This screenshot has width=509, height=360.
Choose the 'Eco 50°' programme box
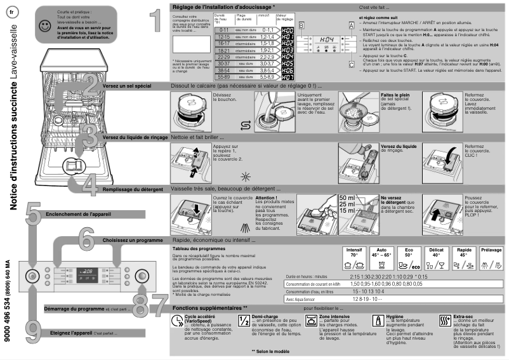[x=410, y=257]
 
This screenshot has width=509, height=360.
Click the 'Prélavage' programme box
[x=491, y=257]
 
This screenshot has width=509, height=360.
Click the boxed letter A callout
[x=351, y=25]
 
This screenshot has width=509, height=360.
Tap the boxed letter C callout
[x=351, y=63]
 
